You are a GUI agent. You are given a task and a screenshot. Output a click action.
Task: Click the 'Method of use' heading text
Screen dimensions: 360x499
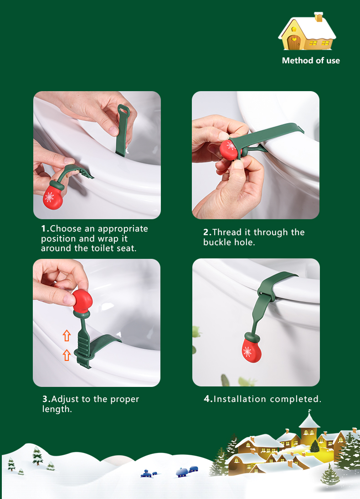click(x=311, y=61)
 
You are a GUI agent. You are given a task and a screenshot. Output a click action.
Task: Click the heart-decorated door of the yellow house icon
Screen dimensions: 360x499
click(x=293, y=42)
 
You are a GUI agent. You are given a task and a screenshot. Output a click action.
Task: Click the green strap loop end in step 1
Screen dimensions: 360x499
click(x=123, y=110)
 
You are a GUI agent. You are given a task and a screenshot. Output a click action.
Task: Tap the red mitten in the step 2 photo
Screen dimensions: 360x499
click(x=229, y=149)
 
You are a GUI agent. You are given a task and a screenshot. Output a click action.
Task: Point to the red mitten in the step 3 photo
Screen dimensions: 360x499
click(x=82, y=301)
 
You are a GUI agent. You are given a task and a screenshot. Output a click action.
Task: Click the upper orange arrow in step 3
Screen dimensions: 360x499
click(x=67, y=335)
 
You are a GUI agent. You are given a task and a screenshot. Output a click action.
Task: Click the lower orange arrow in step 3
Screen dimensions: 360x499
click(x=67, y=355)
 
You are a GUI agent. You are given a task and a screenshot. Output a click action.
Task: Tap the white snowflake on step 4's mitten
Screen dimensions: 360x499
click(x=247, y=352)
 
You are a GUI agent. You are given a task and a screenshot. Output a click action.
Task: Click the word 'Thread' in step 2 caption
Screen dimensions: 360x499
click(x=226, y=232)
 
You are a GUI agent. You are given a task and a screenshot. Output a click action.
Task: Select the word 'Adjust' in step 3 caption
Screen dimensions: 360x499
click(x=65, y=399)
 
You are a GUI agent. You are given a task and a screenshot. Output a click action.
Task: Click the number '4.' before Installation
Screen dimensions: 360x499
click(x=208, y=399)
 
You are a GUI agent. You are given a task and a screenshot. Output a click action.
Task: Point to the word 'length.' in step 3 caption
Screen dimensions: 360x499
click(x=57, y=409)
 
